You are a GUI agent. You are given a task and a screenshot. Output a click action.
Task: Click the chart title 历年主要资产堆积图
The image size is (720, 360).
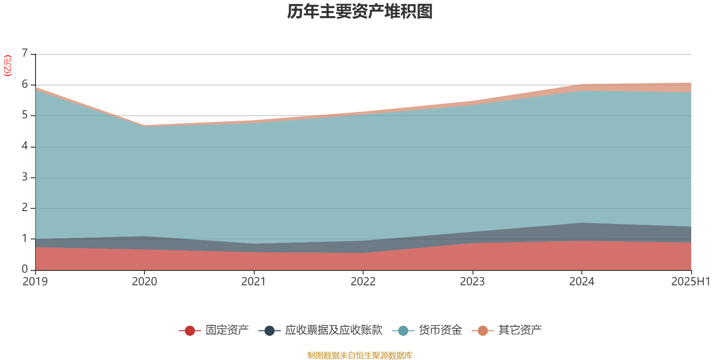(x=360, y=12)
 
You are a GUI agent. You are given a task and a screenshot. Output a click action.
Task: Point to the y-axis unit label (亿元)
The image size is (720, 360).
(x=8, y=66)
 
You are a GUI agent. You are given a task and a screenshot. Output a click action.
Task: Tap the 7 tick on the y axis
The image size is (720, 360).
(x=25, y=54)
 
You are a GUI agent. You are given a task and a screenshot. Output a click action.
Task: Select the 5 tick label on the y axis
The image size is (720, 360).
(x=25, y=115)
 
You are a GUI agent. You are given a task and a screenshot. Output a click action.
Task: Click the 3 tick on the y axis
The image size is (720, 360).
(x=25, y=177)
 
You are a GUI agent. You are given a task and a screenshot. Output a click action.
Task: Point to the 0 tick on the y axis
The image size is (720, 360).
(x=25, y=269)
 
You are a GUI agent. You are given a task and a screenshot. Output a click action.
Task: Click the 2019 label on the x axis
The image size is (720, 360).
(x=35, y=282)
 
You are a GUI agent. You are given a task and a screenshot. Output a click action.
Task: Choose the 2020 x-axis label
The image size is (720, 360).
(x=144, y=282)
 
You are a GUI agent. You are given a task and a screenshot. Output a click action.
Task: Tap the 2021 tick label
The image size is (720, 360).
(x=254, y=282)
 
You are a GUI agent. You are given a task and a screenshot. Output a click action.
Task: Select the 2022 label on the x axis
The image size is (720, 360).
(x=363, y=282)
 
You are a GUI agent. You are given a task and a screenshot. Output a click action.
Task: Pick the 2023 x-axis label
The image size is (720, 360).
(x=472, y=282)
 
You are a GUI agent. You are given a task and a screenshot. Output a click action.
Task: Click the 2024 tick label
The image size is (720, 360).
(x=582, y=282)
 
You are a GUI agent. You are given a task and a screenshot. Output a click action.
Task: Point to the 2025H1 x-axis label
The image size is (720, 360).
(x=690, y=282)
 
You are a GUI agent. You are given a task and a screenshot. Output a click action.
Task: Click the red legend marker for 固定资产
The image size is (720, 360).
(x=190, y=331)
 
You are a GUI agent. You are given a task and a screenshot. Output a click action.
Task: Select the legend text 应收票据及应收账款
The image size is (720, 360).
(x=333, y=330)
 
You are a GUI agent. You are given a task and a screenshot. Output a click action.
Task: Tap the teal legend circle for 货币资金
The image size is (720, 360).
(x=403, y=331)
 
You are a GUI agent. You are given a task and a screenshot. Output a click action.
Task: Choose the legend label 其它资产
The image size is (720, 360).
(x=520, y=330)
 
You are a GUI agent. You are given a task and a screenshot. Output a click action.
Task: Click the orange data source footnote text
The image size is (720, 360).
(x=360, y=355)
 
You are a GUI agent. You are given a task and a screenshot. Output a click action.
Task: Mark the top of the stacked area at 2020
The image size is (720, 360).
(x=144, y=125)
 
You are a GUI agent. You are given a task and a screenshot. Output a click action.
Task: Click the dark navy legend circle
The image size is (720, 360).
(x=270, y=331)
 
